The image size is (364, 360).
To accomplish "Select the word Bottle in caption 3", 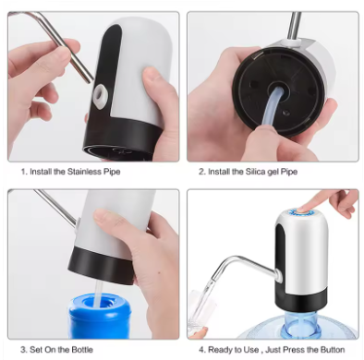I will tap(75, 350).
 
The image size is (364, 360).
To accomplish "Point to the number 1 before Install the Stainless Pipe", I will tap(22, 172).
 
